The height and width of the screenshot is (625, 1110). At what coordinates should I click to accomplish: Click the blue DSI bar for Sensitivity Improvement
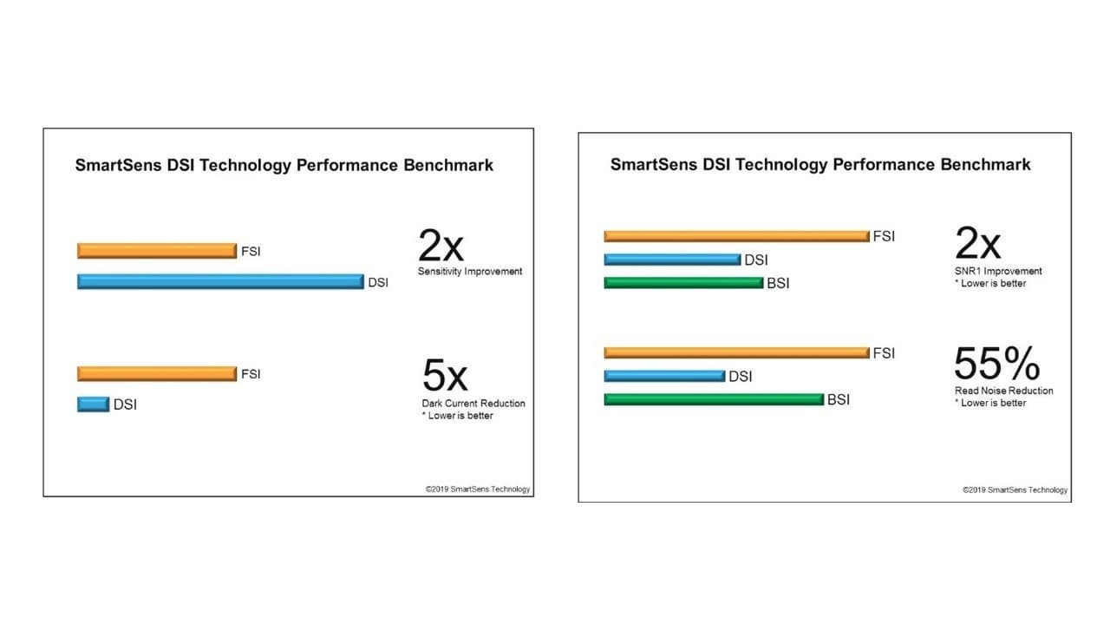[x=220, y=282]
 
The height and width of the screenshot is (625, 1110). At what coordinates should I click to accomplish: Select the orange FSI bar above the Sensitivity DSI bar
[x=157, y=251]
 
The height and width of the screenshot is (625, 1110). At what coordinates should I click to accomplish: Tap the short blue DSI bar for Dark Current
[x=93, y=405]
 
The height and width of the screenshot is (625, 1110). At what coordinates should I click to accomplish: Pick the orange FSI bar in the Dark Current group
[x=157, y=373]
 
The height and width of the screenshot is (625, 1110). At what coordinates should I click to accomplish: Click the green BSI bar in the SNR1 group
[x=684, y=283]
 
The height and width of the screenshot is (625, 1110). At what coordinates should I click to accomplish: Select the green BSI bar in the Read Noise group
[x=714, y=399]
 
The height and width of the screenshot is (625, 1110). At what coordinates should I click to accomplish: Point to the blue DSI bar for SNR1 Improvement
[x=672, y=260]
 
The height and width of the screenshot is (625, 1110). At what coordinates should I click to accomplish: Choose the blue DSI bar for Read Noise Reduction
[x=664, y=376]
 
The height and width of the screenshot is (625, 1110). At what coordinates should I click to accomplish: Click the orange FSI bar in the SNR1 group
[x=737, y=236]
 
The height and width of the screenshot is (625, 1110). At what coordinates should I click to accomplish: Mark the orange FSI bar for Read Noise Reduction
[x=737, y=352]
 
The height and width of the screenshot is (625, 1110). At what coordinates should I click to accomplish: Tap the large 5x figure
[x=445, y=376]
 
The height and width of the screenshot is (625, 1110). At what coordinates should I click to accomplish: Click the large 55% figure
[x=997, y=364]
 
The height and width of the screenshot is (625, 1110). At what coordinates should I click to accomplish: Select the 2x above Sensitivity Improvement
[x=441, y=246]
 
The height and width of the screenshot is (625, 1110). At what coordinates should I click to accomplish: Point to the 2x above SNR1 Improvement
[x=977, y=243]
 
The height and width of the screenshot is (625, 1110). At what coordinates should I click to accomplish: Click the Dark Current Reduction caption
[x=473, y=404]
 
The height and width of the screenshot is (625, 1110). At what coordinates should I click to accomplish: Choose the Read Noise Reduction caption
[x=1004, y=391]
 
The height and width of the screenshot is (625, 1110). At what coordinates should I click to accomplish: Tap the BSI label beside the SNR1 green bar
[x=778, y=283]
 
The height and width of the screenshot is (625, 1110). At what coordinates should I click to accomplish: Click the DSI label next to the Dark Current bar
[x=125, y=405]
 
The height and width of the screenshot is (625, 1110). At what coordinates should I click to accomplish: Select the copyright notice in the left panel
[x=478, y=489]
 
